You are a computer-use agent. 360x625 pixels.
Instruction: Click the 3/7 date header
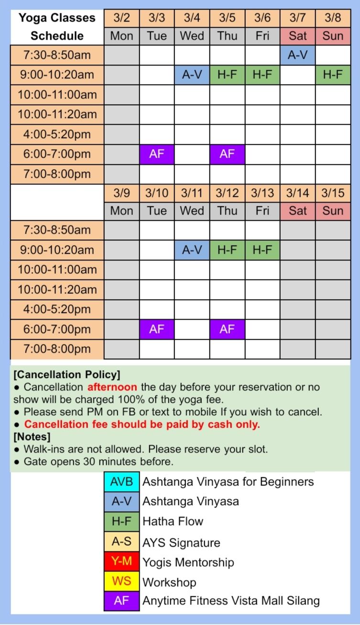(x=297, y=18)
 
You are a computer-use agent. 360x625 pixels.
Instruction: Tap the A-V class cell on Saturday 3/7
(x=297, y=55)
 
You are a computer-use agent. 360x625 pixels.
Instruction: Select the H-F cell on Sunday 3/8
(x=333, y=75)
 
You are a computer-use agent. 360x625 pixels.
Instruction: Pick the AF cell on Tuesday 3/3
(x=157, y=154)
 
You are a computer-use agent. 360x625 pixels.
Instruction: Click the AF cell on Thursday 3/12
(x=227, y=329)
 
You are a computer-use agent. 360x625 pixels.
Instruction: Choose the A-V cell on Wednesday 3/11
(x=192, y=250)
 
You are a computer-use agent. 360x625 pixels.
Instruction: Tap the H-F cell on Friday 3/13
(x=262, y=250)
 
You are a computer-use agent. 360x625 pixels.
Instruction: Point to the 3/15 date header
(x=333, y=193)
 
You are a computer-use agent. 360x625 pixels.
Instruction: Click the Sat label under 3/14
(x=297, y=211)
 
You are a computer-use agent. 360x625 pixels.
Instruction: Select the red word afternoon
(x=112, y=387)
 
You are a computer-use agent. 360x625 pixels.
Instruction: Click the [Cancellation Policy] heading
(x=67, y=374)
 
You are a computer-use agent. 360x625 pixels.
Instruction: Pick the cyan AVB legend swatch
(x=122, y=482)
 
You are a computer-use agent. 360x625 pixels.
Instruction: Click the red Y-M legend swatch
(x=122, y=562)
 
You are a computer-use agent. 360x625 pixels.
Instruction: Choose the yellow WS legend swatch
(x=122, y=582)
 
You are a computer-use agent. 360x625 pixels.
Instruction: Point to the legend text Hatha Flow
(x=173, y=521)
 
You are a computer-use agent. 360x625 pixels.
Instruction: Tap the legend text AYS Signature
(x=181, y=543)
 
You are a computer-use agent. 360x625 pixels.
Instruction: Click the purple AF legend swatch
(x=122, y=601)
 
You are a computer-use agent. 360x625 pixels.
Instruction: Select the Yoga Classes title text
(x=57, y=18)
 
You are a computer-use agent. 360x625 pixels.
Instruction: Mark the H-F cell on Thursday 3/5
(x=227, y=75)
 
